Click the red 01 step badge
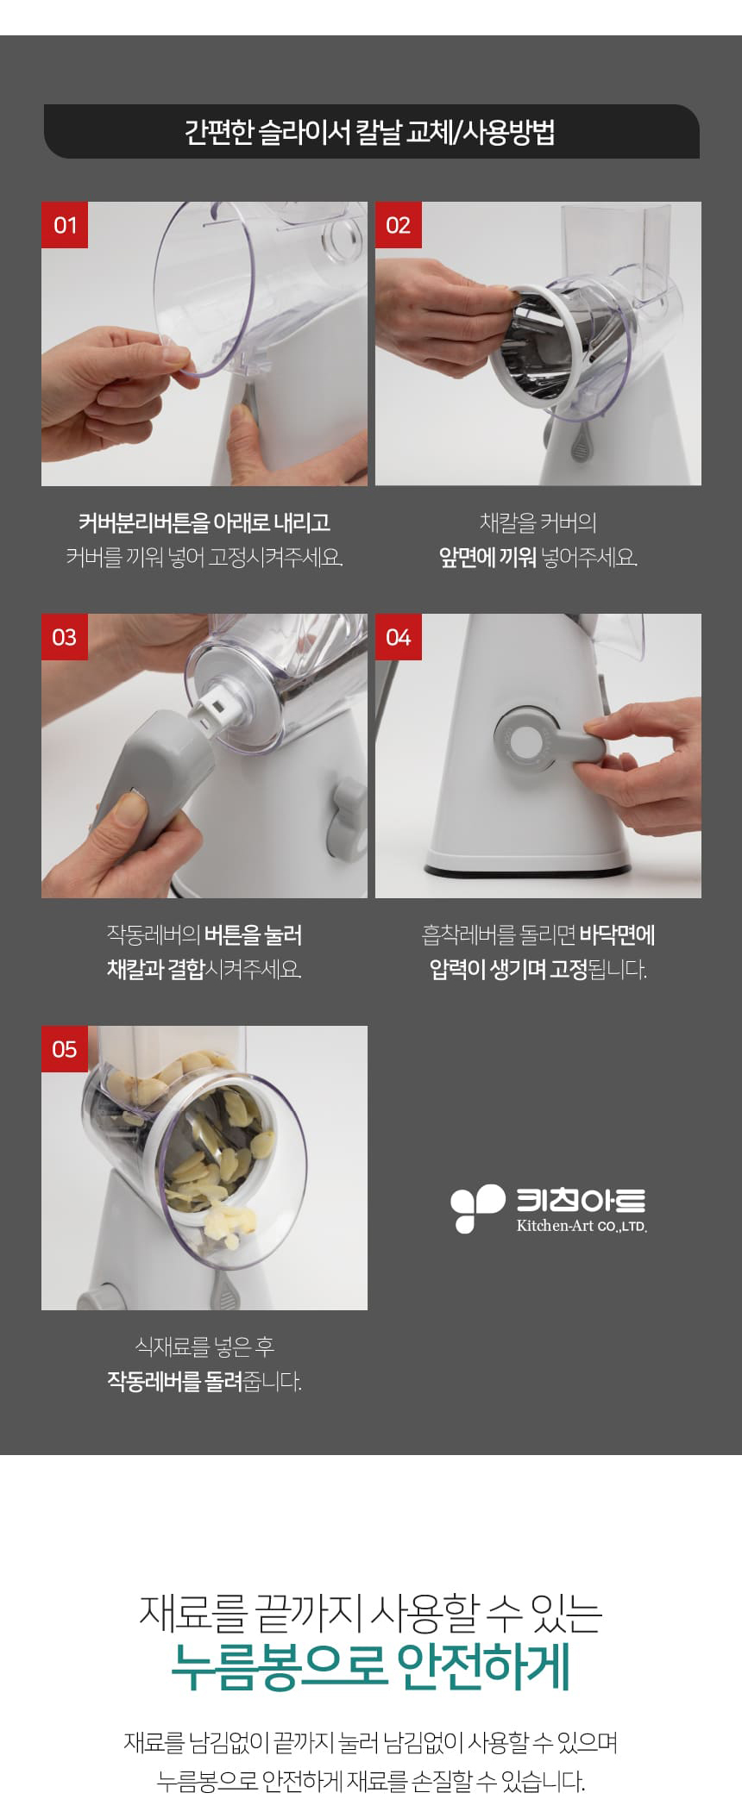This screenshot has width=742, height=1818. [65, 225]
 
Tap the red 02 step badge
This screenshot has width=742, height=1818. [399, 225]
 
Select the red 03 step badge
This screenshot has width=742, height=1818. [65, 637]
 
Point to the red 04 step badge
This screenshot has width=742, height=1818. [399, 637]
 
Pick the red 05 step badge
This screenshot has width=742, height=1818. [65, 1049]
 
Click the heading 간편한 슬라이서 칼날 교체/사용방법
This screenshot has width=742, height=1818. [370, 132]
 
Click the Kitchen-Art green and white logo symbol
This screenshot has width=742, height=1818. [477, 1208]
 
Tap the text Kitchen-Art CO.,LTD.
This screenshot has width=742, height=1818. [582, 1226]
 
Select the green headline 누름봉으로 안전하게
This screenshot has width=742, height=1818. [371, 1666]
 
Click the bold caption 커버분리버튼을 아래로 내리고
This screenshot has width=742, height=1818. [204, 522]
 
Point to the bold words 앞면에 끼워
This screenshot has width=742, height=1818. [487, 558]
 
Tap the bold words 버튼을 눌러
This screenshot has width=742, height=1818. [253, 935]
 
